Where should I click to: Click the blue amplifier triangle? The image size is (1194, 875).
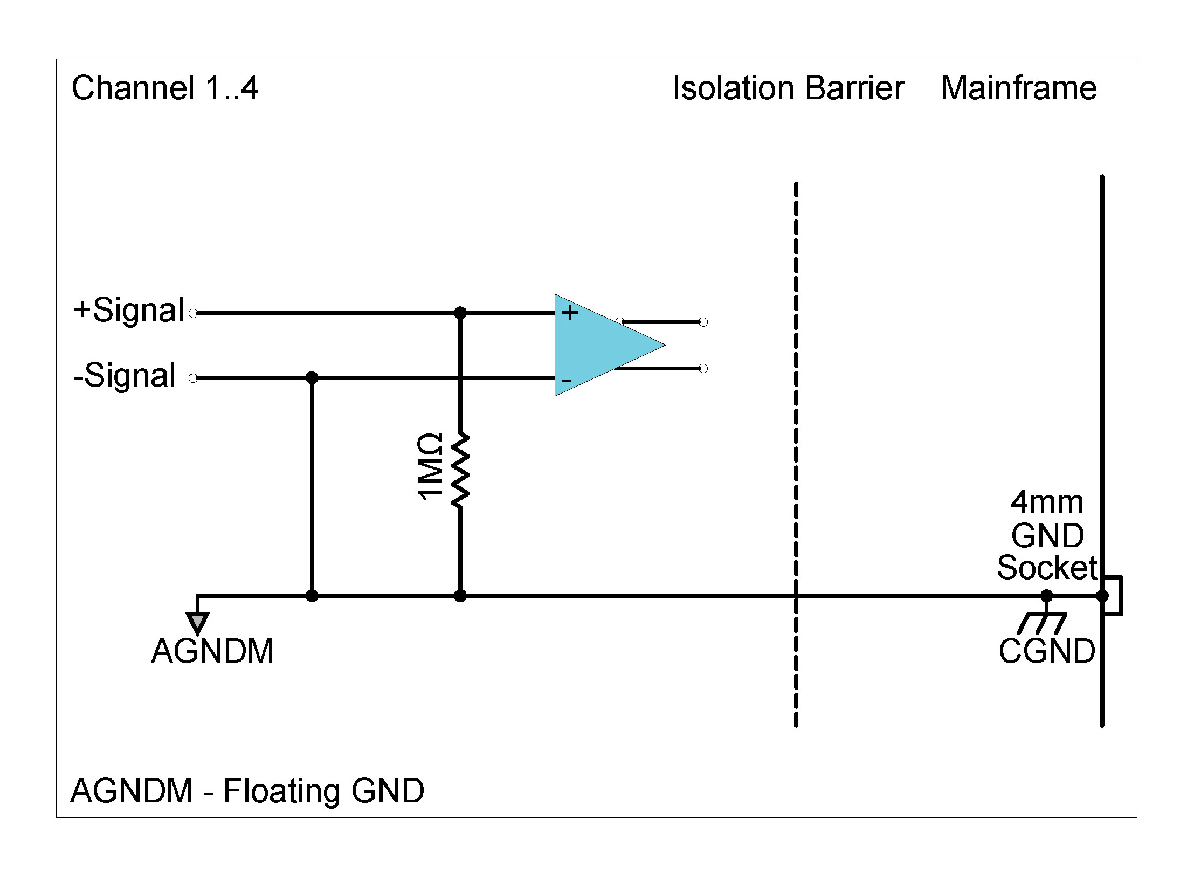click(x=598, y=346)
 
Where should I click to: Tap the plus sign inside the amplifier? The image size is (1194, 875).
click(x=570, y=313)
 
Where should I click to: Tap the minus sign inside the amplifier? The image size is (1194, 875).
click(x=566, y=381)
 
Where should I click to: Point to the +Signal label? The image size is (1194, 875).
click(x=129, y=311)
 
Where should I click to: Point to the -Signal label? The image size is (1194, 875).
click(x=125, y=376)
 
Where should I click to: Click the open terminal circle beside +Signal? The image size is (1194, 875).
click(x=193, y=313)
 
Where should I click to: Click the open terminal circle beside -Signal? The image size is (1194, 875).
click(x=193, y=378)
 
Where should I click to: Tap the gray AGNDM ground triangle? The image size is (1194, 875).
click(x=197, y=623)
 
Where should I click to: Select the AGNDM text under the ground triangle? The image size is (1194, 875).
click(x=212, y=651)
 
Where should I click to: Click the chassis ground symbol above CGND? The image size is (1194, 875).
click(x=1042, y=623)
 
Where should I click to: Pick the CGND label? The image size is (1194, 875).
click(x=1046, y=651)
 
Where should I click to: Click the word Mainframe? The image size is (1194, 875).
click(x=1018, y=88)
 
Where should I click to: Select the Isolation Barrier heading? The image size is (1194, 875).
click(x=788, y=88)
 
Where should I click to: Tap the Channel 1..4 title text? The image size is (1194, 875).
click(x=164, y=88)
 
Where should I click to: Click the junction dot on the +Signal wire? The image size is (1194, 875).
click(x=460, y=313)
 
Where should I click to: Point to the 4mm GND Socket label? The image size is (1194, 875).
click(x=1046, y=536)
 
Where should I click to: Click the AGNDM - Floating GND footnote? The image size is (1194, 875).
click(x=247, y=791)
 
